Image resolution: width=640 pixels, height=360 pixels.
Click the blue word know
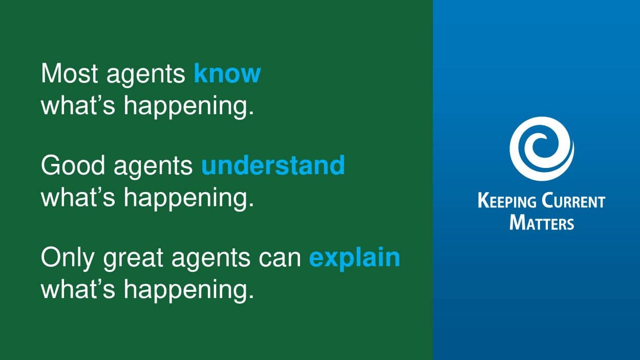coord(227,73)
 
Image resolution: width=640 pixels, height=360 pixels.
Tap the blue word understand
coord(273,165)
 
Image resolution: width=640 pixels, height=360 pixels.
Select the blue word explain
coord(355,259)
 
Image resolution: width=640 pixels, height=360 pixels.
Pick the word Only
coord(68,259)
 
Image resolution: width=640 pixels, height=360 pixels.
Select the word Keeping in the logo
coord(507,201)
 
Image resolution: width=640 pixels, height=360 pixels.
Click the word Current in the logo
coord(573,201)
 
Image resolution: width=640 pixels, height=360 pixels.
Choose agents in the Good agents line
coord(154,167)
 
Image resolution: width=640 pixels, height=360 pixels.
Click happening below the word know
coord(188,107)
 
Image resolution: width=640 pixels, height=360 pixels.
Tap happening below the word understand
coord(188,199)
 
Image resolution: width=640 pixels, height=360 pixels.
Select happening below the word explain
coord(188,290)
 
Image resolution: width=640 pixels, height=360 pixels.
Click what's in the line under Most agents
coord(78,104)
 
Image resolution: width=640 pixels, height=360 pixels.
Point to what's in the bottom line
coord(78,288)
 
